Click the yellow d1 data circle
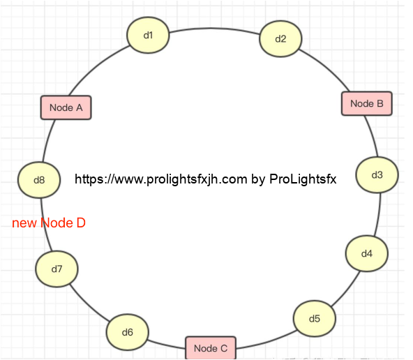[148, 35]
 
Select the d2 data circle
[280, 38]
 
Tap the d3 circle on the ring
[377, 175]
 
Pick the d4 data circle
[367, 253]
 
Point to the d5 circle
[315, 318]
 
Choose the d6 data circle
[128, 332]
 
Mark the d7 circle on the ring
[57, 269]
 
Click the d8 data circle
[39, 180]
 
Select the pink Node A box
[66, 107]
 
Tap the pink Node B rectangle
[367, 103]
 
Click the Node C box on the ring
[211, 348]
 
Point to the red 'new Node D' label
[49, 223]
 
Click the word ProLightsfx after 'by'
[303, 179]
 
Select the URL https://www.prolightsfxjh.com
[161, 179]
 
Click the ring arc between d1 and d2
[214, 28]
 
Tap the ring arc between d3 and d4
[379, 215]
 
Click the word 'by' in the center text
[258, 179]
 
